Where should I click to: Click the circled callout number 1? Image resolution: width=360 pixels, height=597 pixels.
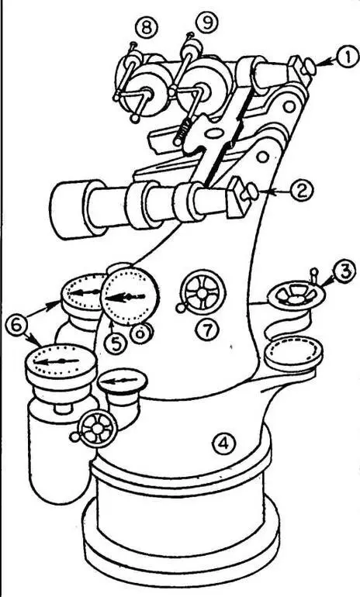[346, 60]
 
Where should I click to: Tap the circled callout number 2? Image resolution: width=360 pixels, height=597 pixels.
[302, 191]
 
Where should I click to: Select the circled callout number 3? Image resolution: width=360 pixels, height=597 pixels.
[344, 272]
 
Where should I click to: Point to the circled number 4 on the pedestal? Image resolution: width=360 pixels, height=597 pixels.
[223, 443]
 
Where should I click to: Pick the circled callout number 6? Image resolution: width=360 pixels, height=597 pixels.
[17, 326]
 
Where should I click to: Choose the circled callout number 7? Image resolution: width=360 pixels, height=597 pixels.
[208, 330]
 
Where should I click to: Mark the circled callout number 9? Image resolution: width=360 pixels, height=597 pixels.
[207, 23]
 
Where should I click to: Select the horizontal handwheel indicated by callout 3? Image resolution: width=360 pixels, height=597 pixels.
[297, 294]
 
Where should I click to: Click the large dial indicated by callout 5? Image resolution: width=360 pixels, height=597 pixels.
[130, 297]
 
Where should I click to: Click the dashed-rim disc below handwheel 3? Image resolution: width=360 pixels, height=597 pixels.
[294, 354]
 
